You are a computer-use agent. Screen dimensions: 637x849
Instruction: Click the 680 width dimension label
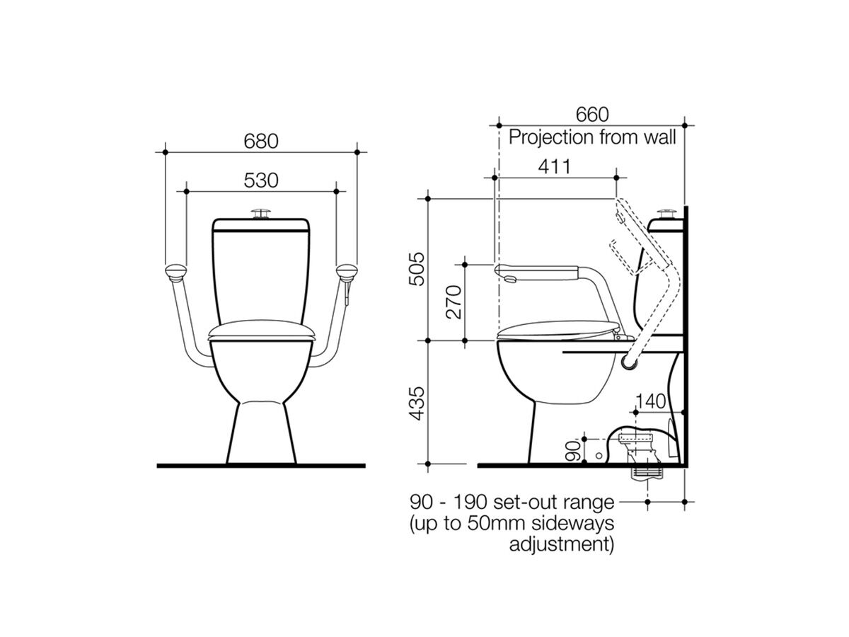click(x=262, y=142)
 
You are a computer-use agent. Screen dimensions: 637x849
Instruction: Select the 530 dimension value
click(x=262, y=180)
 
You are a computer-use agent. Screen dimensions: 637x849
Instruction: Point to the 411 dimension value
click(x=554, y=167)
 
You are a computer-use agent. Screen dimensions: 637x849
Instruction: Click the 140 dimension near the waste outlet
click(x=649, y=401)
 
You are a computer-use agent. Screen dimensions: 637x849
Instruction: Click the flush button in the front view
click(x=262, y=212)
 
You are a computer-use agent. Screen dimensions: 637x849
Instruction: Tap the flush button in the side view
click(x=665, y=212)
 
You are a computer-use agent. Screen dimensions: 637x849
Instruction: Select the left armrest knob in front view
click(x=174, y=270)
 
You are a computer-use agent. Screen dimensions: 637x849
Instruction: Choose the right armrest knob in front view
click(x=348, y=270)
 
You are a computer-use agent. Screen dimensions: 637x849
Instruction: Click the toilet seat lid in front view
click(x=261, y=329)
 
